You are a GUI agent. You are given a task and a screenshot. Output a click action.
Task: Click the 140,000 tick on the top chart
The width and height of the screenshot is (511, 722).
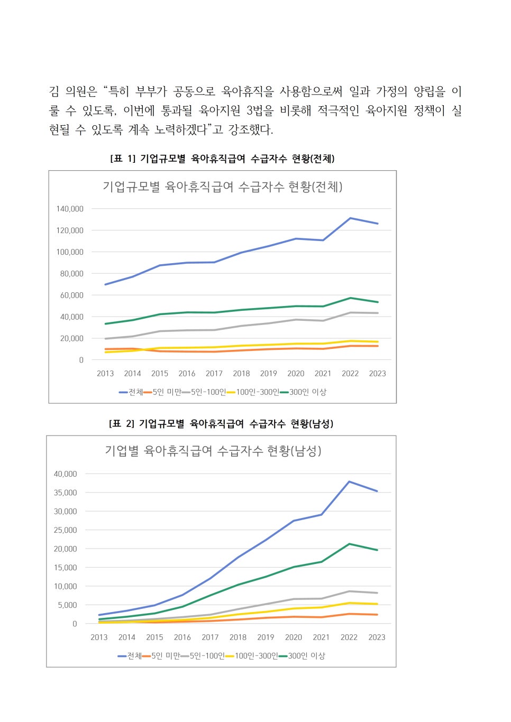[70, 209]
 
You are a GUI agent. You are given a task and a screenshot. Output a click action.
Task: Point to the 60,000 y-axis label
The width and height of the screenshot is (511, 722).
[71, 295]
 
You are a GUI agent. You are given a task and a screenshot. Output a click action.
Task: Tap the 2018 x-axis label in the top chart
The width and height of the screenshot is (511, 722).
[241, 373]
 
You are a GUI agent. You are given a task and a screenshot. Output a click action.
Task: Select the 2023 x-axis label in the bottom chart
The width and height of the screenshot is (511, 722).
[377, 637]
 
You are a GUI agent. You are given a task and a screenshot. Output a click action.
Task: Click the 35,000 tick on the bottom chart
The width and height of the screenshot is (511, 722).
[65, 492]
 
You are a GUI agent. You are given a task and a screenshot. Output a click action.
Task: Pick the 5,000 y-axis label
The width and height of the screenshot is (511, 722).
[67, 605]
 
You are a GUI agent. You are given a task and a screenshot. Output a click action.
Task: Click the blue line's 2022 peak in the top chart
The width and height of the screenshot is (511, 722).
[350, 218]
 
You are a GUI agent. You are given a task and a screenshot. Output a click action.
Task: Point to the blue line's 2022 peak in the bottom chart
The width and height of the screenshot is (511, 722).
[349, 482]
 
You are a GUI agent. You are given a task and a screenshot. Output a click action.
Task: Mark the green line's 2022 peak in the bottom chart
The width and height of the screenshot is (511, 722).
[349, 544]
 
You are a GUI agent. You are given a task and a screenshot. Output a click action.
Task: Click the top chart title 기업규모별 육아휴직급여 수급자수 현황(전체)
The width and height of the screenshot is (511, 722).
[222, 187]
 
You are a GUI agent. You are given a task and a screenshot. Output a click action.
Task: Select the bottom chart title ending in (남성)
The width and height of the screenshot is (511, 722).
[213, 451]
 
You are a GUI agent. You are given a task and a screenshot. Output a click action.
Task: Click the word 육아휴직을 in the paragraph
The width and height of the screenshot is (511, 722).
[248, 91]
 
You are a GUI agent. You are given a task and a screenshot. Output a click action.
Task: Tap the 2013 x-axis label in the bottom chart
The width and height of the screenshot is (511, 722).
[99, 637]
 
